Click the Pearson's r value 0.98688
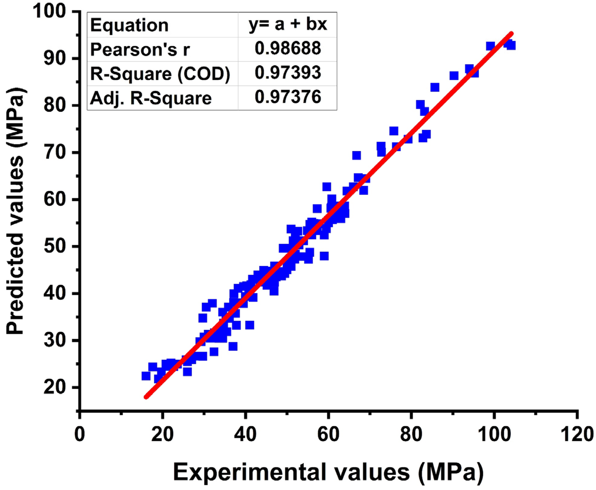click(288, 48)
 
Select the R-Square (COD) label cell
click(160, 74)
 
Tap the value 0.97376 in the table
click(288, 97)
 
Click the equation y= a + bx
click(288, 25)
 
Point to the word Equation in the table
click(129, 25)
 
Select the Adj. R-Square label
click(151, 98)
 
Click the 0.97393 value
click(288, 73)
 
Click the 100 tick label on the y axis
click(54, 12)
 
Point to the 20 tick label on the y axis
click(58, 387)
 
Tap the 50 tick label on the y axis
click(58, 246)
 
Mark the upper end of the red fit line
click(511, 34)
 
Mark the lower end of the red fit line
click(146, 397)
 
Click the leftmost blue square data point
click(146, 376)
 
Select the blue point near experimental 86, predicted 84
click(435, 87)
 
